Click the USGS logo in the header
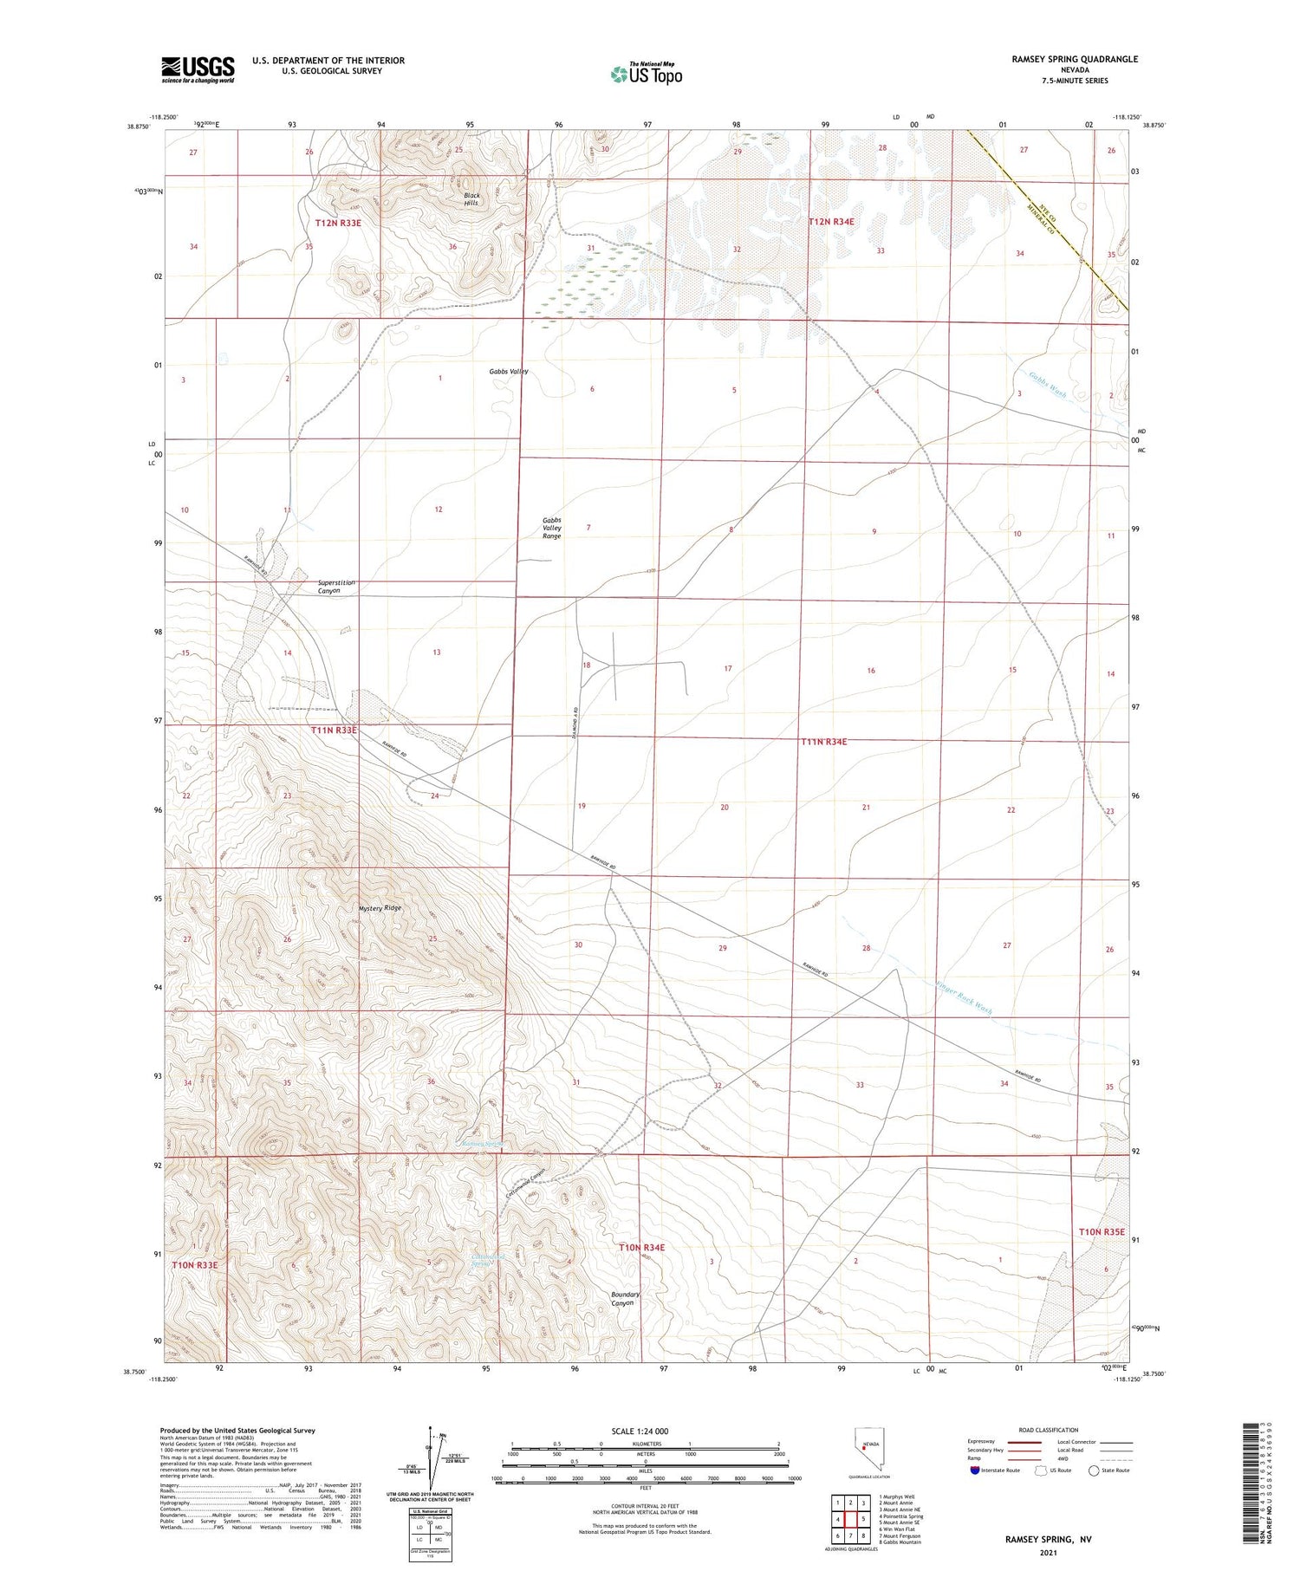(198, 69)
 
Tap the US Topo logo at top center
(647, 74)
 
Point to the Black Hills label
(471, 198)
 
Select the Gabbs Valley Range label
(552, 528)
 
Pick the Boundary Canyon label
(625, 1299)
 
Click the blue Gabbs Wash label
(1047, 386)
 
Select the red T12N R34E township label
(831, 222)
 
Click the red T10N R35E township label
(1101, 1231)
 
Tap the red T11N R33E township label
(334, 730)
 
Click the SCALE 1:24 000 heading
(640, 1431)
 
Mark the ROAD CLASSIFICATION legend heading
(1049, 1430)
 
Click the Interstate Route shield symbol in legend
(975, 1470)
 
